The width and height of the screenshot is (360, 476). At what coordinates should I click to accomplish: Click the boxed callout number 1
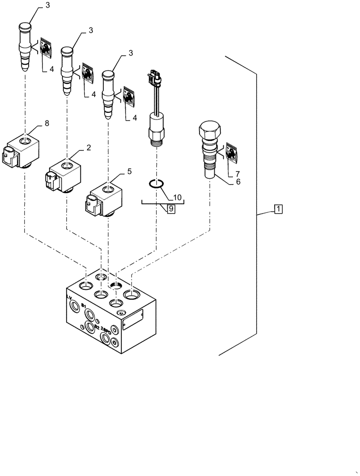[278, 208]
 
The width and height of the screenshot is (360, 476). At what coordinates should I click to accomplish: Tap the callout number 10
[177, 197]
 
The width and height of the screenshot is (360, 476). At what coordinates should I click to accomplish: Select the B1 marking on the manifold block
[84, 306]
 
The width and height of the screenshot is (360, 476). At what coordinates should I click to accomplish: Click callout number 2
[88, 148]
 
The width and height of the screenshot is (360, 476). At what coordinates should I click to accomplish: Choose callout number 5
[130, 170]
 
